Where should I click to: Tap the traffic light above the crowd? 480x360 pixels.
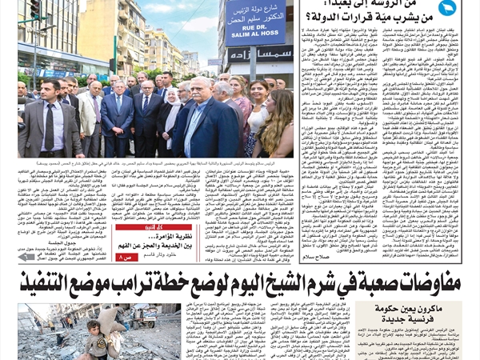(35, 9)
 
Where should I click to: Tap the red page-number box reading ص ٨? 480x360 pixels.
(126, 257)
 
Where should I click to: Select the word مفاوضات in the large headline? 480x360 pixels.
(432, 283)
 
